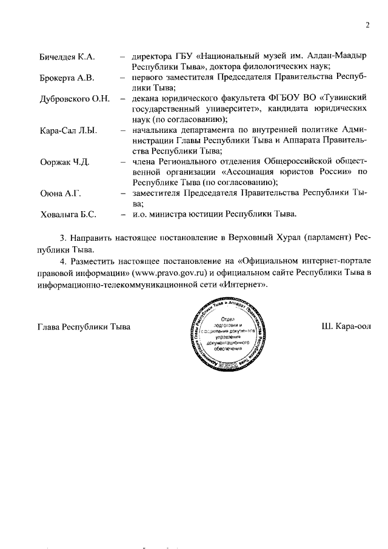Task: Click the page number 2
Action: coord(367,25)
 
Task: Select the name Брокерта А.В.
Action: coord(66,78)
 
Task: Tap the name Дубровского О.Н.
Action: coord(75,99)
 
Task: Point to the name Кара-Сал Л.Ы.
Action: coord(69,130)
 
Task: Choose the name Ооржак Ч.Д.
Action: coord(65,162)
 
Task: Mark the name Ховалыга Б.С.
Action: coord(69,214)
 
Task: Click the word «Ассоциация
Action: coord(264,172)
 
